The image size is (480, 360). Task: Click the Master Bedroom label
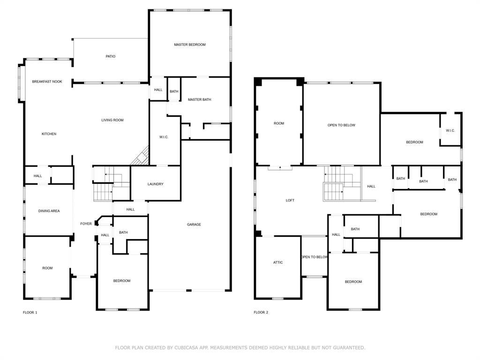click(190, 45)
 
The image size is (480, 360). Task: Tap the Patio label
click(111, 56)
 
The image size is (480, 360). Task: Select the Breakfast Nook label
click(47, 82)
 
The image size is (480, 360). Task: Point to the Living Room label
click(112, 120)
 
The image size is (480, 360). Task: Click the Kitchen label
click(49, 134)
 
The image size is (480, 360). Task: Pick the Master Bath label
click(199, 100)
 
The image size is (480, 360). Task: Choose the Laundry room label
click(156, 184)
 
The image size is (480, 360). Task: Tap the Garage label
click(194, 225)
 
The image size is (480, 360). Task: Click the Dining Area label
click(49, 211)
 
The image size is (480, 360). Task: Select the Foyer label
click(86, 224)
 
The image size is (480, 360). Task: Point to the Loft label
click(290, 201)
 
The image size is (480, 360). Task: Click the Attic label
click(278, 262)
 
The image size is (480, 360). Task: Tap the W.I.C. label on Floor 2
click(450, 131)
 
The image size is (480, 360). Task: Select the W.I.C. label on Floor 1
click(164, 137)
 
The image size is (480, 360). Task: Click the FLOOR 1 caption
click(30, 313)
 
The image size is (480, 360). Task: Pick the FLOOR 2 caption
click(261, 313)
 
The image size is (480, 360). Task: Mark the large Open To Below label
click(341, 125)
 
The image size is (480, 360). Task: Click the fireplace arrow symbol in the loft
click(280, 167)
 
